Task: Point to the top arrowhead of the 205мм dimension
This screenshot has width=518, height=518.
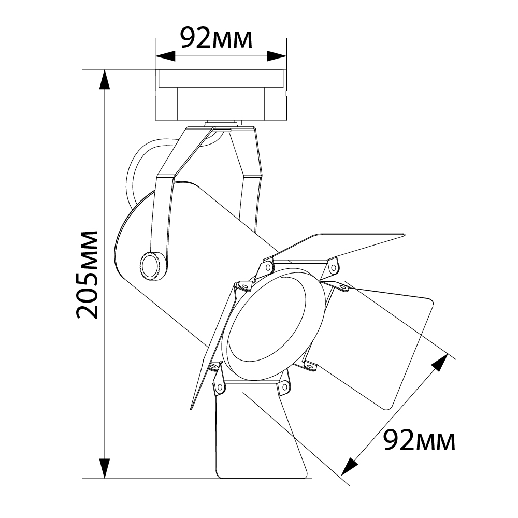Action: (105, 79)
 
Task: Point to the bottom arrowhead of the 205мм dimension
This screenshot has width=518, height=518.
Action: (105, 468)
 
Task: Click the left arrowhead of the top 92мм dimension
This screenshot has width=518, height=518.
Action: (165, 56)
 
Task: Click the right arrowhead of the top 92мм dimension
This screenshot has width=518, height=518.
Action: (277, 56)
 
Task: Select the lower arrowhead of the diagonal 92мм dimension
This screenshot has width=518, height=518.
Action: (350, 466)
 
